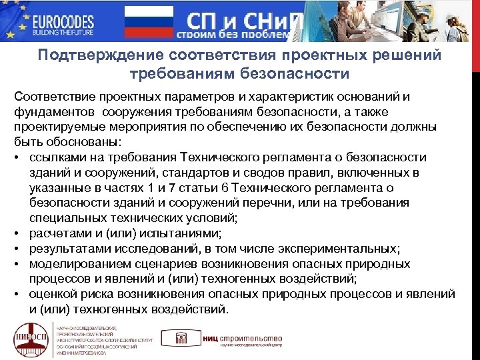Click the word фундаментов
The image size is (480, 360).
(55, 112)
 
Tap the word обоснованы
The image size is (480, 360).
(83, 142)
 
